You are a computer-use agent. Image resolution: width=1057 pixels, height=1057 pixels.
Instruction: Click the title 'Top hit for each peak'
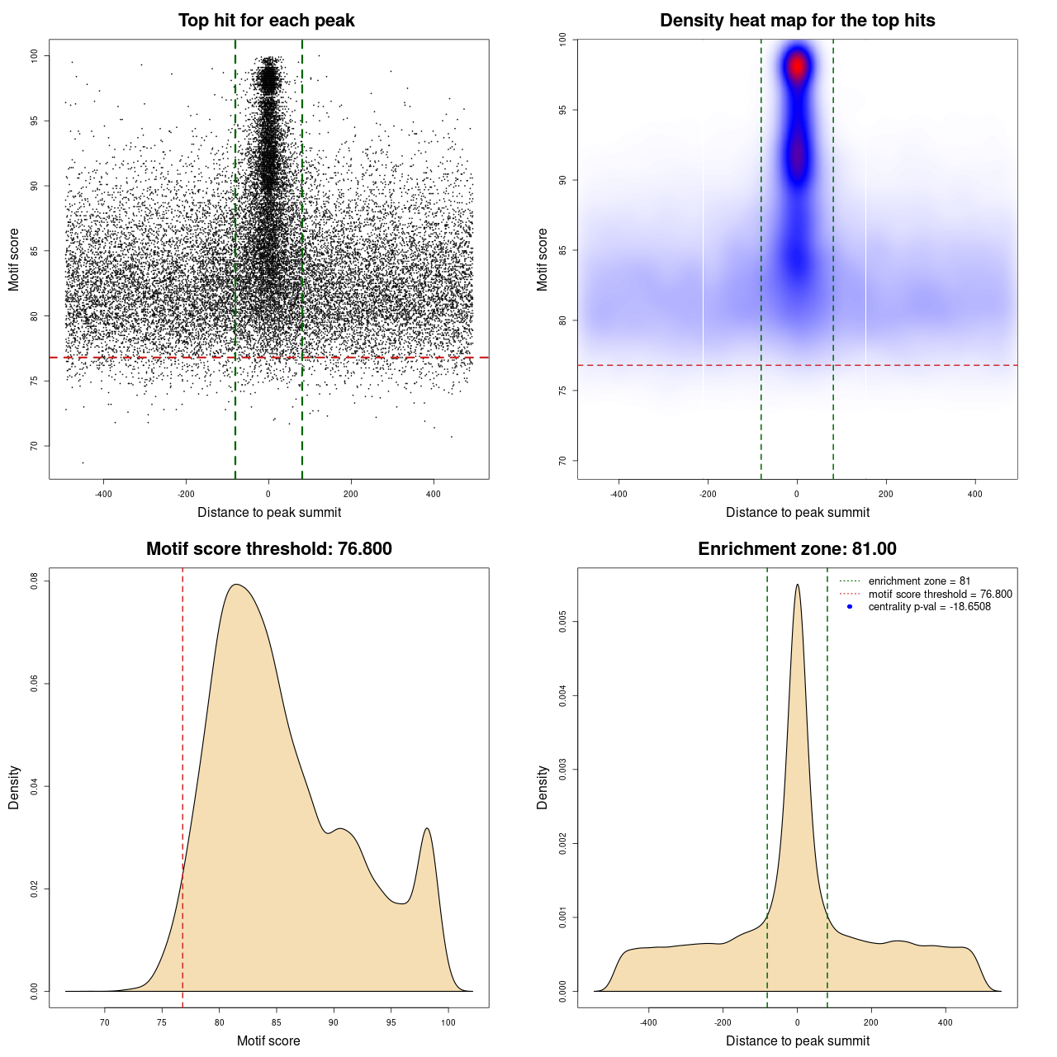tap(266, 21)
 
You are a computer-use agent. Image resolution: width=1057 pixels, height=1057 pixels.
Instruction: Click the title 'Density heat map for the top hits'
tap(797, 21)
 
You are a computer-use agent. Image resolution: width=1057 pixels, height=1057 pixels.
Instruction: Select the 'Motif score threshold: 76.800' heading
tap(268, 549)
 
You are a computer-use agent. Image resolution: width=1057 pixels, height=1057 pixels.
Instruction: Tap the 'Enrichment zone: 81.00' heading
tap(797, 549)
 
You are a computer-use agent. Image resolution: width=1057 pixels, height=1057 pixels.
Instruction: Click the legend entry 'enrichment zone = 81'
tap(919, 581)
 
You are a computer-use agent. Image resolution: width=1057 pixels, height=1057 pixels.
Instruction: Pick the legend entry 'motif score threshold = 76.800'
tap(940, 594)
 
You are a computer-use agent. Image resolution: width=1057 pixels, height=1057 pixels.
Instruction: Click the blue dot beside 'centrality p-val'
tap(850, 607)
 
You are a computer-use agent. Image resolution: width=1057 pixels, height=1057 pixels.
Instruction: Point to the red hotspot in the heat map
tap(797, 65)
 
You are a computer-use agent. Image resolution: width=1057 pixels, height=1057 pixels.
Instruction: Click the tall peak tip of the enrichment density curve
tap(797, 585)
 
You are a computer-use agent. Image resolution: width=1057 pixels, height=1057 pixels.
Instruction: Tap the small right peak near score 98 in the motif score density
tap(427, 829)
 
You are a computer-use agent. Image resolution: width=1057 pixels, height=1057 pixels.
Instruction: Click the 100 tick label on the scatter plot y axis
tap(35, 55)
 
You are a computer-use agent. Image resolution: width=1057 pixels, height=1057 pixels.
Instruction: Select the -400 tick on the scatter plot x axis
tap(103, 494)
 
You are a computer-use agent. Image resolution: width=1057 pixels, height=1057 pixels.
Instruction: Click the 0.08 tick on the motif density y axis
tap(35, 581)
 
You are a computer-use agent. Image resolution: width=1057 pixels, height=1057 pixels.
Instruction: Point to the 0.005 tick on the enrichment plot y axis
tap(563, 622)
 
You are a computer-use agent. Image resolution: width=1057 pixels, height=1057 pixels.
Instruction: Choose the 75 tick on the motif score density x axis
tap(162, 1022)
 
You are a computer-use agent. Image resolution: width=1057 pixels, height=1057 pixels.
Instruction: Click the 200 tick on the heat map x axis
tap(886, 494)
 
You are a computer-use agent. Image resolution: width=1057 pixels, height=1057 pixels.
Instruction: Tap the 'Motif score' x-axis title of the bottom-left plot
tap(268, 1040)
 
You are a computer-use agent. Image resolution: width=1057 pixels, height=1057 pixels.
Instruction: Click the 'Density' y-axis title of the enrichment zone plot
tap(543, 787)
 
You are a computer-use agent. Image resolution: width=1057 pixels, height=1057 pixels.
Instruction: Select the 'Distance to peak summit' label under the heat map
tap(797, 512)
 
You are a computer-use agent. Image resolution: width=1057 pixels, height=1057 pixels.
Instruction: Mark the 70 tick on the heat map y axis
tap(563, 461)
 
